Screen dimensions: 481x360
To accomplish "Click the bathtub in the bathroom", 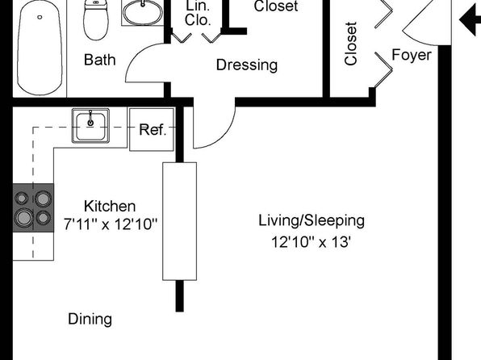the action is [x=40, y=48].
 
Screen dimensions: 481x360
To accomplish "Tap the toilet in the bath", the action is [x=96, y=20].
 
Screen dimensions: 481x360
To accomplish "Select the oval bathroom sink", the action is [x=143, y=12].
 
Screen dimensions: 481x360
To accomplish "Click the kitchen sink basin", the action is [x=90, y=126].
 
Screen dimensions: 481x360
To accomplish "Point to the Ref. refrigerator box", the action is [x=152, y=129].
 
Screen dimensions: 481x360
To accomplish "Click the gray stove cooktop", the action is [x=33, y=207].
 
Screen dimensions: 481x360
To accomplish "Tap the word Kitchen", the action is [x=110, y=207].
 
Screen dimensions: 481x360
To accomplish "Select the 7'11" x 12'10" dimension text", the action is [x=111, y=224].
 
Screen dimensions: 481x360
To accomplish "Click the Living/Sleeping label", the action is [x=312, y=221].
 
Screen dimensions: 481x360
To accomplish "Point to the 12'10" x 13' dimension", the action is [x=311, y=242].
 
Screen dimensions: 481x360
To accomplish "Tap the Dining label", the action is [x=90, y=320].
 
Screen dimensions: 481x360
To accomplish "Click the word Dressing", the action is [x=247, y=65].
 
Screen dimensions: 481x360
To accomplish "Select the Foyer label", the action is [x=412, y=55].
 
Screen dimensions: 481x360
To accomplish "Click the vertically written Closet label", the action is [x=351, y=44].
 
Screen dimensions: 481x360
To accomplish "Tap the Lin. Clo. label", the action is [x=198, y=13].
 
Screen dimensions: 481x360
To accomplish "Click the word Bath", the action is [x=100, y=60].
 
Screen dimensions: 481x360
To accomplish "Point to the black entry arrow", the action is [x=470, y=20].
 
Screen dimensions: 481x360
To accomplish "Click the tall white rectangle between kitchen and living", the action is [x=179, y=221].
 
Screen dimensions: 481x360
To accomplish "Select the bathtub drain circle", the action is [x=40, y=17].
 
